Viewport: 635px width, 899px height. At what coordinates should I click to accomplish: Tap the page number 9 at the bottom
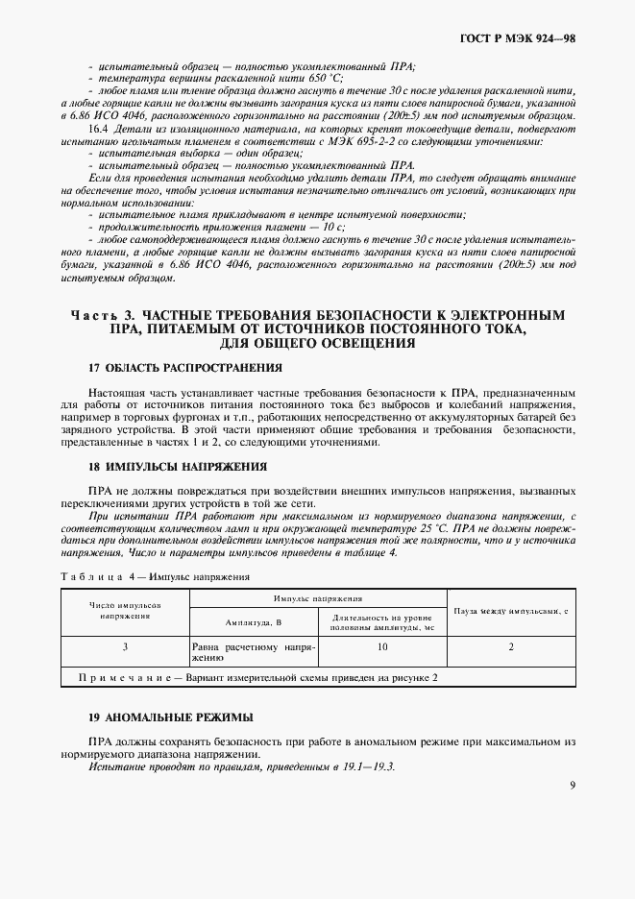pos(572,785)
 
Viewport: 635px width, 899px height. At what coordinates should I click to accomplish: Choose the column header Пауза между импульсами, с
pos(512,610)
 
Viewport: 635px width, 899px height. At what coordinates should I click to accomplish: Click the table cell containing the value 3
pos(125,647)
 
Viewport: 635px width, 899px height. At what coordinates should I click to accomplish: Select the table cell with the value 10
pos(382,647)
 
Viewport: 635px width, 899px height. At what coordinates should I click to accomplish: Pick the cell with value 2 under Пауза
pos(511,647)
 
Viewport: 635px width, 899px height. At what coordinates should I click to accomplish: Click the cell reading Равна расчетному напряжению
pos(254,653)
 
